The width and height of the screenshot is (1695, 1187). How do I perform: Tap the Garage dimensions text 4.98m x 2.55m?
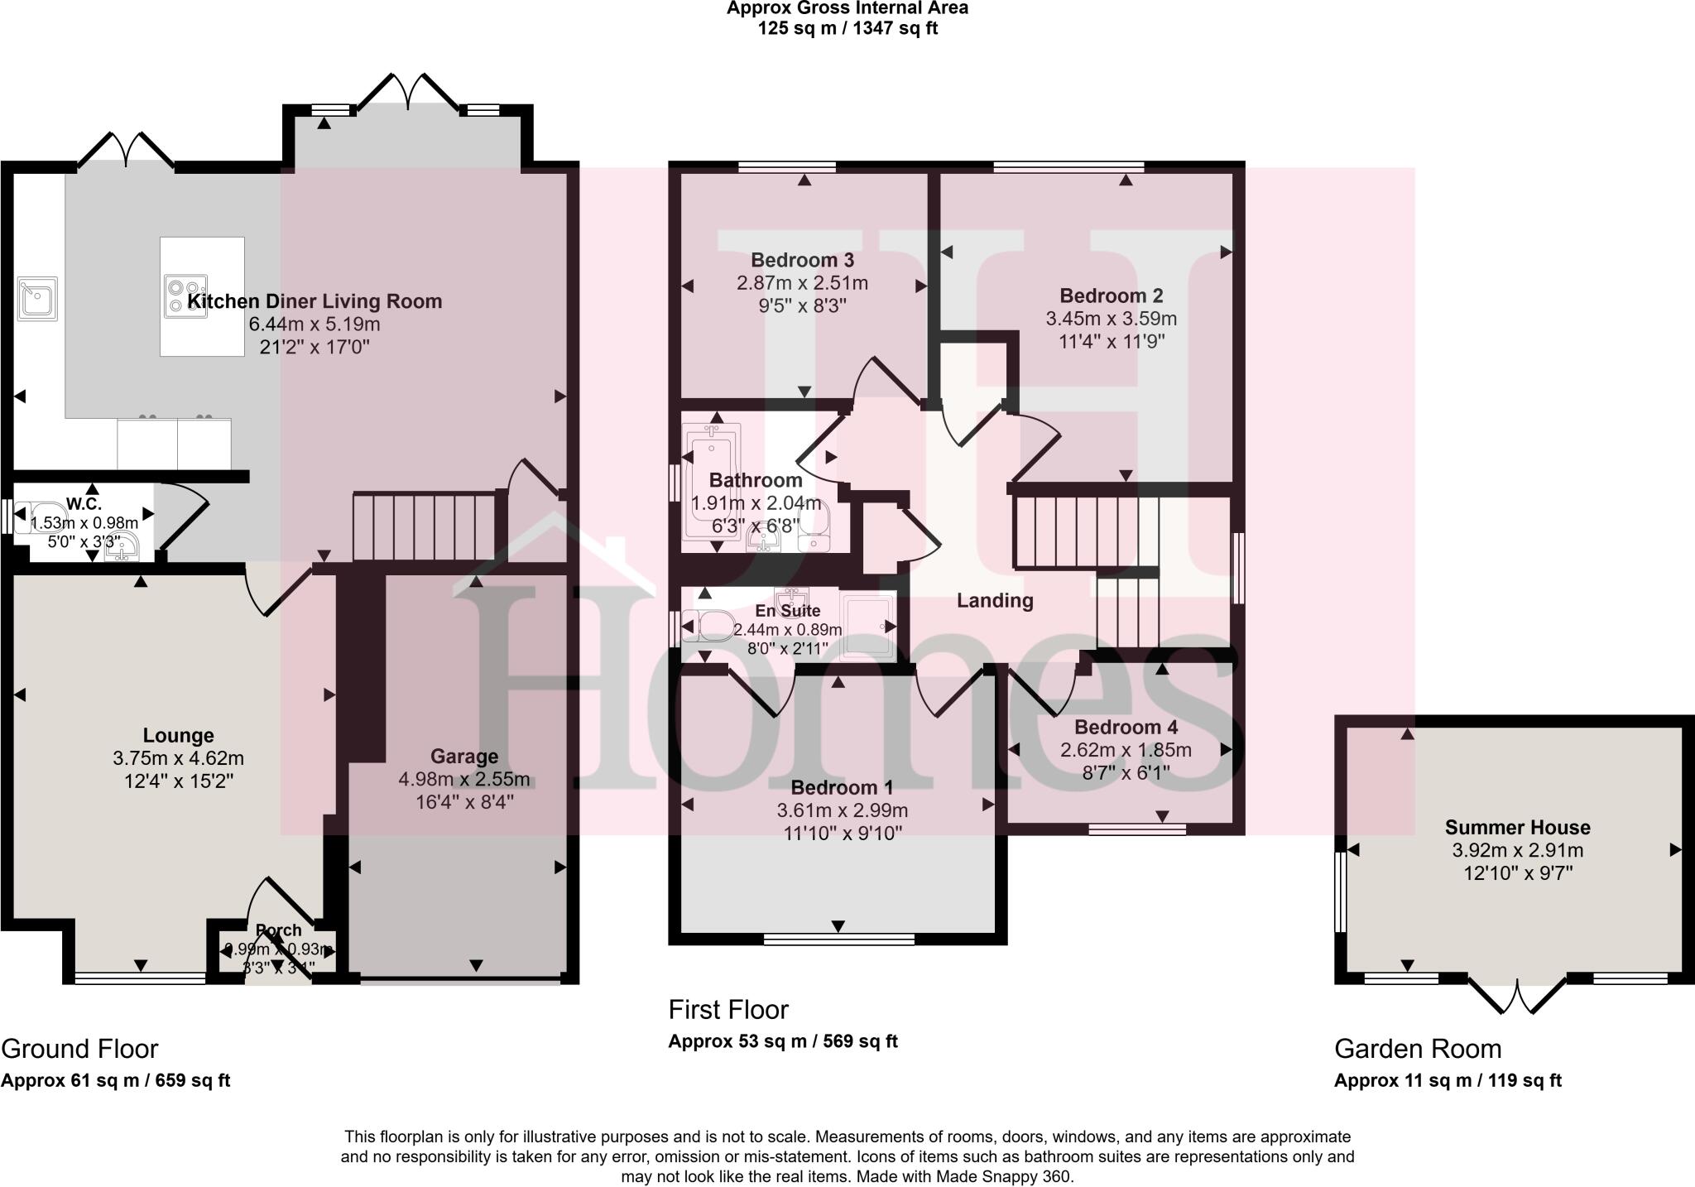[x=463, y=780]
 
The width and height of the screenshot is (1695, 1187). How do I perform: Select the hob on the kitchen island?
[x=186, y=296]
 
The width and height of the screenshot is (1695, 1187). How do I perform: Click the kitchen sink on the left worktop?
[x=37, y=299]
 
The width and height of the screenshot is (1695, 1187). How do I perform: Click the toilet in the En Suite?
[x=709, y=627]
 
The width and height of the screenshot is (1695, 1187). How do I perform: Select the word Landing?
[x=995, y=601]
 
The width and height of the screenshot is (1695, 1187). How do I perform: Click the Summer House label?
[x=1517, y=827]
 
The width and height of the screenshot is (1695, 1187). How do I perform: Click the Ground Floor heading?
[x=79, y=1049]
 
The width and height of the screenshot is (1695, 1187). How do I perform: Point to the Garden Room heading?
[x=1417, y=1049]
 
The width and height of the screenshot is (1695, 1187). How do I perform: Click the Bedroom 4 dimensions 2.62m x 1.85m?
[x=1126, y=751]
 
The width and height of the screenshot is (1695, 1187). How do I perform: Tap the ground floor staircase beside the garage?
[x=423, y=527]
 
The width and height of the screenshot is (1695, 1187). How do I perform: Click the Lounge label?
[x=178, y=735]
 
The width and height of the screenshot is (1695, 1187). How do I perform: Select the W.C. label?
[x=84, y=504]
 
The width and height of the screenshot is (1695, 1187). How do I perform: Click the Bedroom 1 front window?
[x=838, y=939]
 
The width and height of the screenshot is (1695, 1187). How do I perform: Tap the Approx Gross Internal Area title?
[x=847, y=8]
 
